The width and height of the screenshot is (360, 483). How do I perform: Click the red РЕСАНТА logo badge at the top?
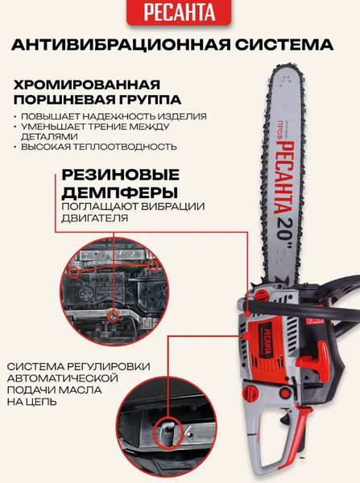(x=179, y=12)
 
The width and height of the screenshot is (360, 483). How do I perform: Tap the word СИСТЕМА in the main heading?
(x=284, y=44)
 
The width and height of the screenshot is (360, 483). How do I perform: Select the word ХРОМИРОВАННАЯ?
(x=87, y=85)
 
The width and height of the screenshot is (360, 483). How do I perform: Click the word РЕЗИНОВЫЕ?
(x=121, y=175)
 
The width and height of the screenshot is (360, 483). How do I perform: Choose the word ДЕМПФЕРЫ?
(x=120, y=193)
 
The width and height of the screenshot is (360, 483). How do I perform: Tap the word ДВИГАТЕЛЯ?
(x=94, y=218)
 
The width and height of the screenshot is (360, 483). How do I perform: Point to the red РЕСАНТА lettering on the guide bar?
(x=284, y=177)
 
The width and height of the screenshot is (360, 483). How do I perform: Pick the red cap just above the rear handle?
(x=250, y=393)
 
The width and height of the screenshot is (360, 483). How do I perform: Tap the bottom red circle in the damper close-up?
(x=114, y=316)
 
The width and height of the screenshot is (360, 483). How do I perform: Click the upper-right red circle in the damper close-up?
(x=152, y=265)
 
